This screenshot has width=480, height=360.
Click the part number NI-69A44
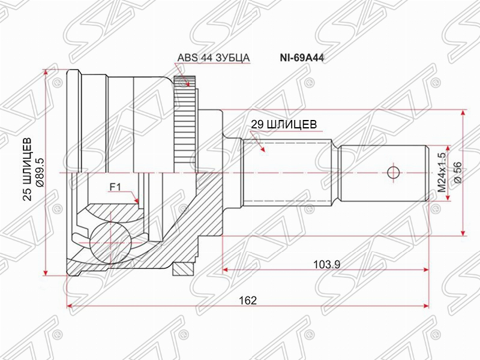point(302,58)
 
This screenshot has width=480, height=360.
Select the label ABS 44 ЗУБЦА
point(214,58)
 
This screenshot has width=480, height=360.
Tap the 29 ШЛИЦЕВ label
point(284,124)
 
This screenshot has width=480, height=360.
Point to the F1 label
point(115,187)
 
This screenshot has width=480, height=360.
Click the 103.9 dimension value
point(327,264)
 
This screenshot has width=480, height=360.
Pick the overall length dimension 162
point(248,301)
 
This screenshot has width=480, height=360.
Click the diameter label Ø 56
point(458,172)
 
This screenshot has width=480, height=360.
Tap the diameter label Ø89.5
point(40,172)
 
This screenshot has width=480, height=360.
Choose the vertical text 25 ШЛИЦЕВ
point(28,169)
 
